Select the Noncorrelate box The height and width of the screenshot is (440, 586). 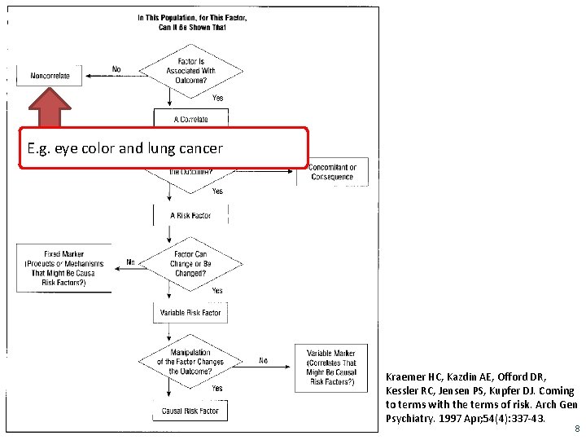tap(50, 76)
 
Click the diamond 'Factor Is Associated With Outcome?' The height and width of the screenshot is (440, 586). tap(190, 70)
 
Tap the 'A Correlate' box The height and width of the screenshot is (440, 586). tap(190, 118)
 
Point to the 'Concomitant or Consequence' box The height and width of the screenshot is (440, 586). tap(332, 172)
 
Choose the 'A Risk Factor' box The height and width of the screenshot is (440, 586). tap(190, 215)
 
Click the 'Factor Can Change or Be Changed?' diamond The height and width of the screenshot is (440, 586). tap(190, 264)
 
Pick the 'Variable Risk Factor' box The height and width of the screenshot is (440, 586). tap(190, 312)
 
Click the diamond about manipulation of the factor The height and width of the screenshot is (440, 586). tap(190, 361)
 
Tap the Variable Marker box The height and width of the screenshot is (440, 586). tap(332, 367)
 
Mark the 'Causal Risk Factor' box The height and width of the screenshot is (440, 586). tap(190, 411)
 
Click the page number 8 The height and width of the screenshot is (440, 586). tap(576, 428)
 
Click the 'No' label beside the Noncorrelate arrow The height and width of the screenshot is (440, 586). tap(116, 69)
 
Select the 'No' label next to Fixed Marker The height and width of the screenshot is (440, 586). tap(130, 262)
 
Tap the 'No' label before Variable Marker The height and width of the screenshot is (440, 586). tap(263, 359)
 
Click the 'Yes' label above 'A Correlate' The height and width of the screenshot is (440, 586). tap(217, 98)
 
